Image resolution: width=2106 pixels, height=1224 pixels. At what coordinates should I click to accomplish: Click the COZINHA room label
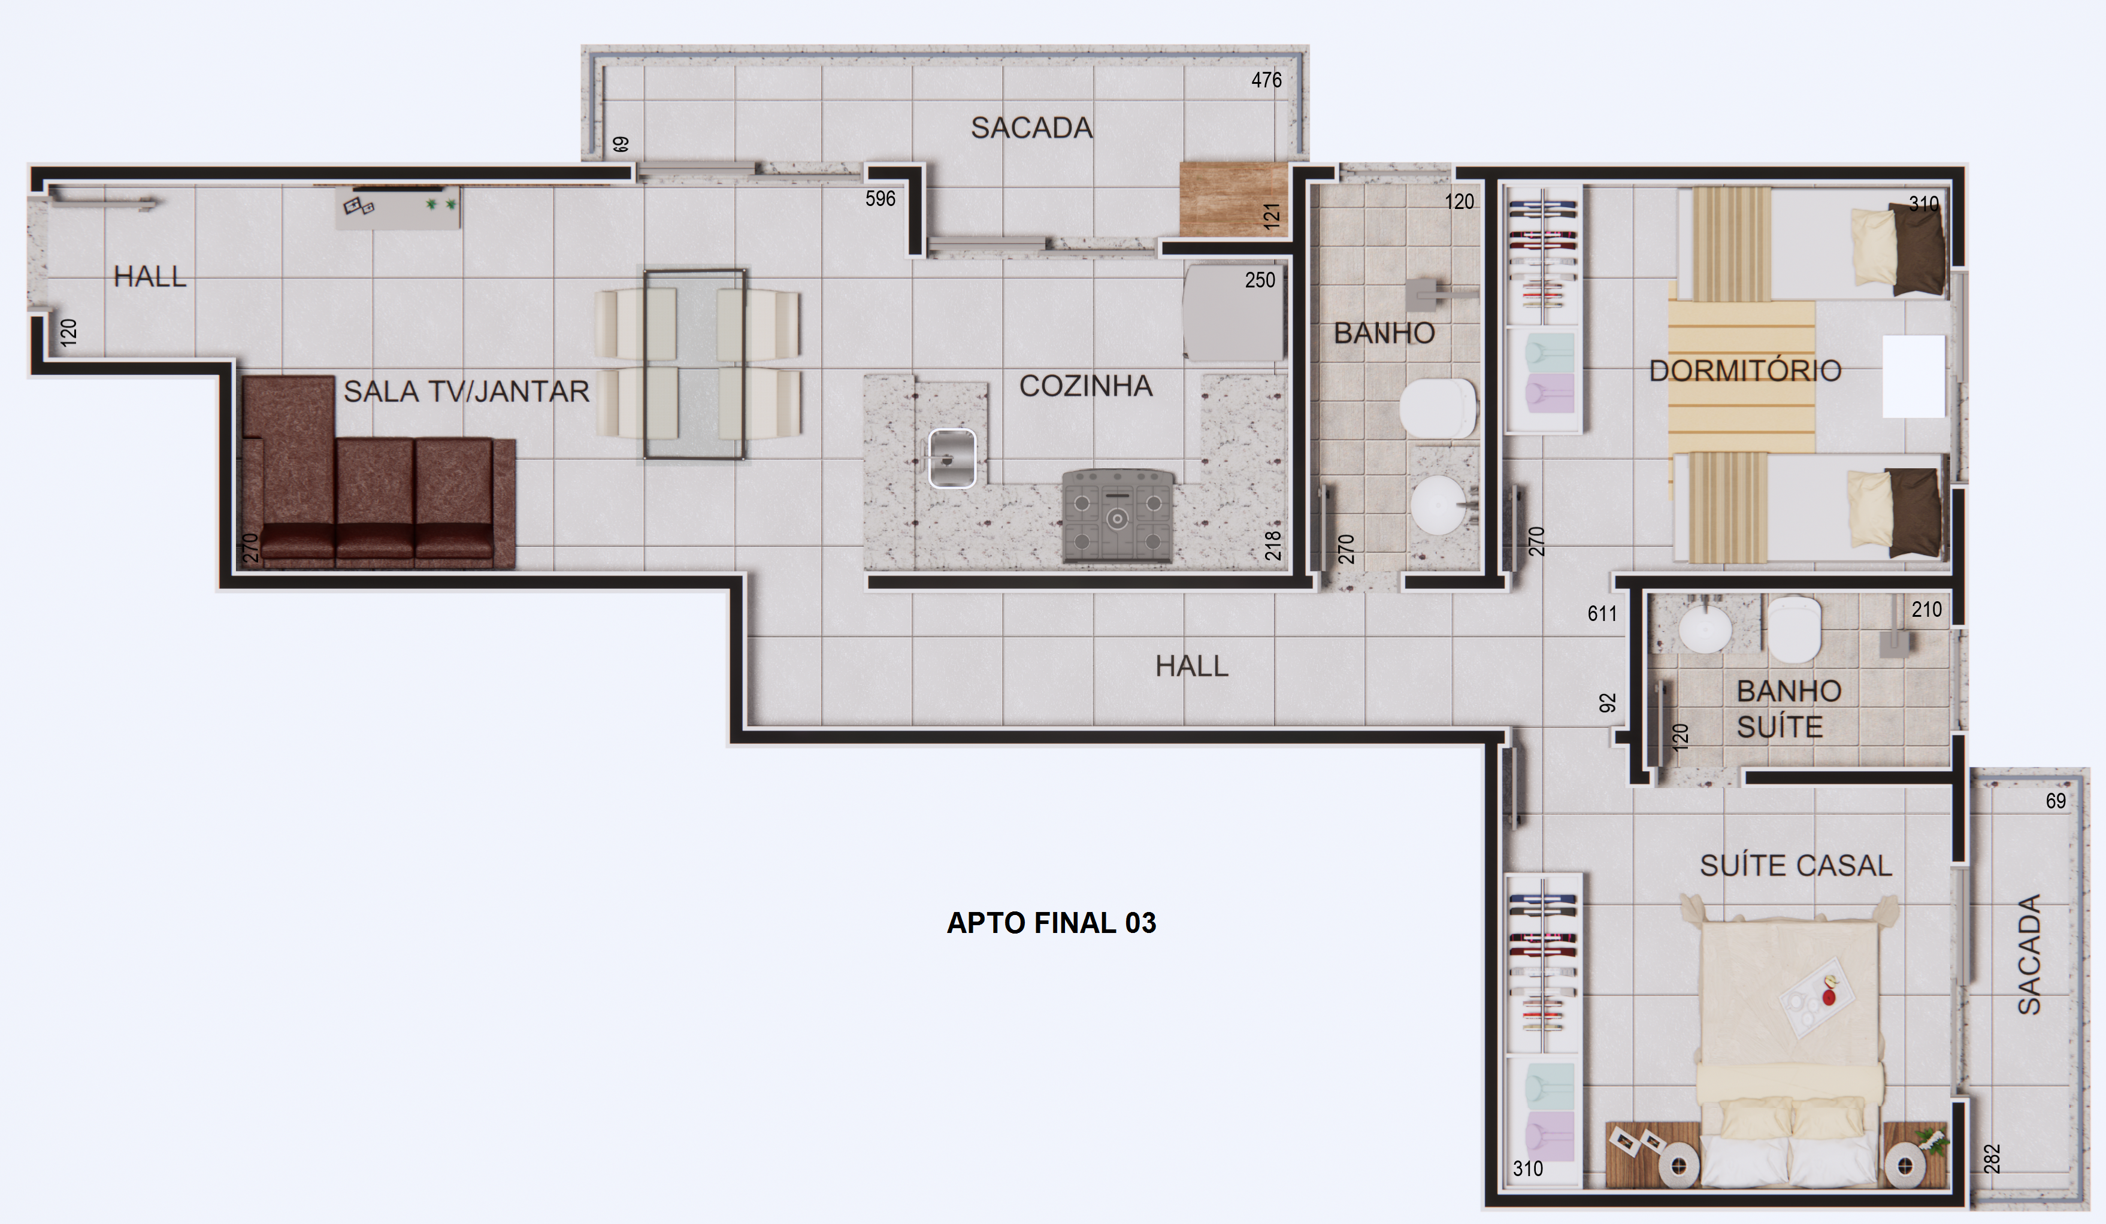point(1085,386)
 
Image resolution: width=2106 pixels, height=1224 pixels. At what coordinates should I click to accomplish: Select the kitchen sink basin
point(952,458)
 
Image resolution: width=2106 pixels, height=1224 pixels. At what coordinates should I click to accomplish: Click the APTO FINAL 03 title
point(1051,922)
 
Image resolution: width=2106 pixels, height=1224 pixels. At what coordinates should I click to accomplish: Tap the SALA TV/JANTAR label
point(467,391)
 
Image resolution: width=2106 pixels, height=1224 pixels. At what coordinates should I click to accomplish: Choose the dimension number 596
point(880,199)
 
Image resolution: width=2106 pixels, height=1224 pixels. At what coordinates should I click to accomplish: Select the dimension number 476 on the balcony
point(1266,80)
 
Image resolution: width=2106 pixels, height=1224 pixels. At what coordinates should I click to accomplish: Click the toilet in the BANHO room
point(1438,408)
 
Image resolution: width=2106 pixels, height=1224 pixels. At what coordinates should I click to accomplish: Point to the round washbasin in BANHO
point(1444,505)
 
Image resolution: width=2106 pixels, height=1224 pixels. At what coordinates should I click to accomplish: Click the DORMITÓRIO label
point(1745,371)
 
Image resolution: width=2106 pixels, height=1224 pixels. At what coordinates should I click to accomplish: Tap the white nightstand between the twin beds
point(1914,376)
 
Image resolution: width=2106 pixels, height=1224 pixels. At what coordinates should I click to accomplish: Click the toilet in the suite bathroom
point(1793,628)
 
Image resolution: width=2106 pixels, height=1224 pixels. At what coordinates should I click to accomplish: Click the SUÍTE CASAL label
point(1796,865)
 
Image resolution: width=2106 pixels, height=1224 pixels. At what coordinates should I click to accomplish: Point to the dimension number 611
point(1602,614)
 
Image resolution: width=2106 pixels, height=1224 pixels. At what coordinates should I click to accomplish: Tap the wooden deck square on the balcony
point(1233,199)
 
